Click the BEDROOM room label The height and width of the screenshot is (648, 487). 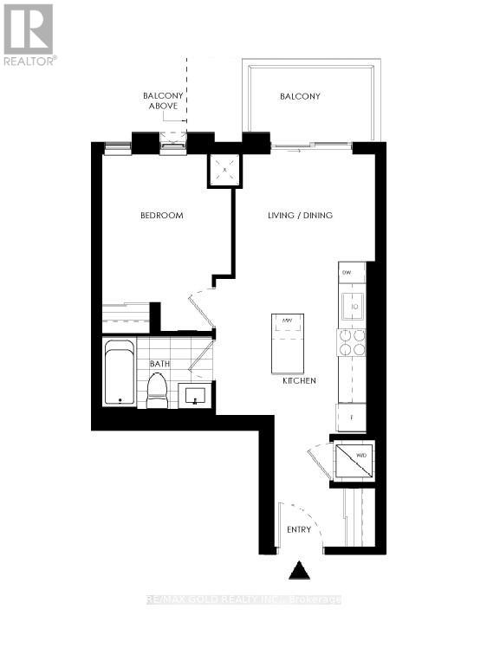pyautogui.click(x=162, y=216)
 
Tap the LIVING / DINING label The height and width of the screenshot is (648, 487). pyautogui.click(x=299, y=216)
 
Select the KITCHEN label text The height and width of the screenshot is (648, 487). pyautogui.click(x=298, y=381)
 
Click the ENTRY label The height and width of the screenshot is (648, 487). pyautogui.click(x=298, y=529)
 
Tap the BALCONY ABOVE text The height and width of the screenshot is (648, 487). pyautogui.click(x=162, y=100)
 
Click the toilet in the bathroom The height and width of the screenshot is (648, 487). pyautogui.click(x=157, y=392)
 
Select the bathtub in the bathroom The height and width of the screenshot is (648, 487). pyautogui.click(x=120, y=373)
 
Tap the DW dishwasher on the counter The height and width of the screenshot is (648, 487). pyautogui.click(x=348, y=273)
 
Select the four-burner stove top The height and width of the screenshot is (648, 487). pyautogui.click(x=352, y=344)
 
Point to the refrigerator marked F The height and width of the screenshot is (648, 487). pyautogui.click(x=351, y=416)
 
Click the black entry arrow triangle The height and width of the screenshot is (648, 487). pyautogui.click(x=299, y=571)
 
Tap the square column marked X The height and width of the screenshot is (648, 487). pyautogui.click(x=225, y=171)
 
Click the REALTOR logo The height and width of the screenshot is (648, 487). pyautogui.click(x=29, y=34)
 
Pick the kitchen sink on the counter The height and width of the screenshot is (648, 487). pyautogui.click(x=353, y=304)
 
